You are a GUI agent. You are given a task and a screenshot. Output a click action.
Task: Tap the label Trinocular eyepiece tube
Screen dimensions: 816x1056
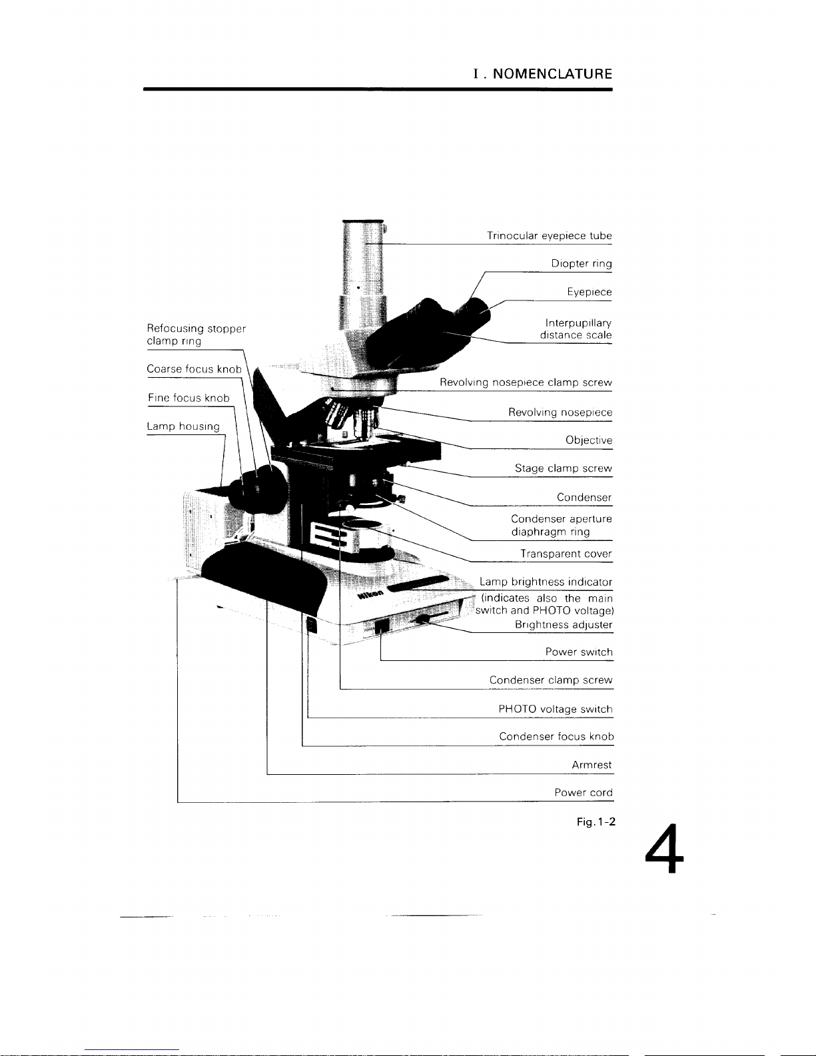(549, 236)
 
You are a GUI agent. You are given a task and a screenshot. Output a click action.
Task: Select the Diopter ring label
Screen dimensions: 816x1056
(581, 264)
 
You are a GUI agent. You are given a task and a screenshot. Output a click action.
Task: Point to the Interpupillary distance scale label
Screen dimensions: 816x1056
(576, 329)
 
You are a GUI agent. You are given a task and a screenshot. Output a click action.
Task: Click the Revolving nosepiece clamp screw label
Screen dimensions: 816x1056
(526, 383)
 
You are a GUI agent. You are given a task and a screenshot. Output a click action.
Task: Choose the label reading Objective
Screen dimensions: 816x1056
(588, 440)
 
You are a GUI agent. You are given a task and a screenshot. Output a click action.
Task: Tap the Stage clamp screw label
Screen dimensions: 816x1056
(563, 468)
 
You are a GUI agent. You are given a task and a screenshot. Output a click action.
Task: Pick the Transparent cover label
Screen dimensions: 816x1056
(566, 554)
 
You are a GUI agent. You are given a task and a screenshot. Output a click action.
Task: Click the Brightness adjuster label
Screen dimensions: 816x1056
(563, 625)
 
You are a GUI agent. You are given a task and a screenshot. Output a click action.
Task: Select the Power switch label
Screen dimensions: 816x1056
(578, 652)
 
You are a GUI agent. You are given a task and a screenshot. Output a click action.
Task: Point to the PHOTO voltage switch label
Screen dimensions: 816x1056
(555, 710)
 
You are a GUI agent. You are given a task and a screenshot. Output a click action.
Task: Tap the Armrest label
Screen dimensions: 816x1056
(592, 765)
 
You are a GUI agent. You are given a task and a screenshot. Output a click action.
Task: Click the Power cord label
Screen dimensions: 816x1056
(583, 793)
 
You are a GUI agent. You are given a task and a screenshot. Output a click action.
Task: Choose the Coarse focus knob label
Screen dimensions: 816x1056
(194, 369)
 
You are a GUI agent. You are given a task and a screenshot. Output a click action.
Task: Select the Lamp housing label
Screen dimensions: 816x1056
(183, 426)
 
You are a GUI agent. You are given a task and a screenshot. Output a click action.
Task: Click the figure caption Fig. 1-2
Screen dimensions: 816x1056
(596, 822)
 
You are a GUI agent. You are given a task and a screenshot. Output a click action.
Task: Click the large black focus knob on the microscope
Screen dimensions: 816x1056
(263, 490)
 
